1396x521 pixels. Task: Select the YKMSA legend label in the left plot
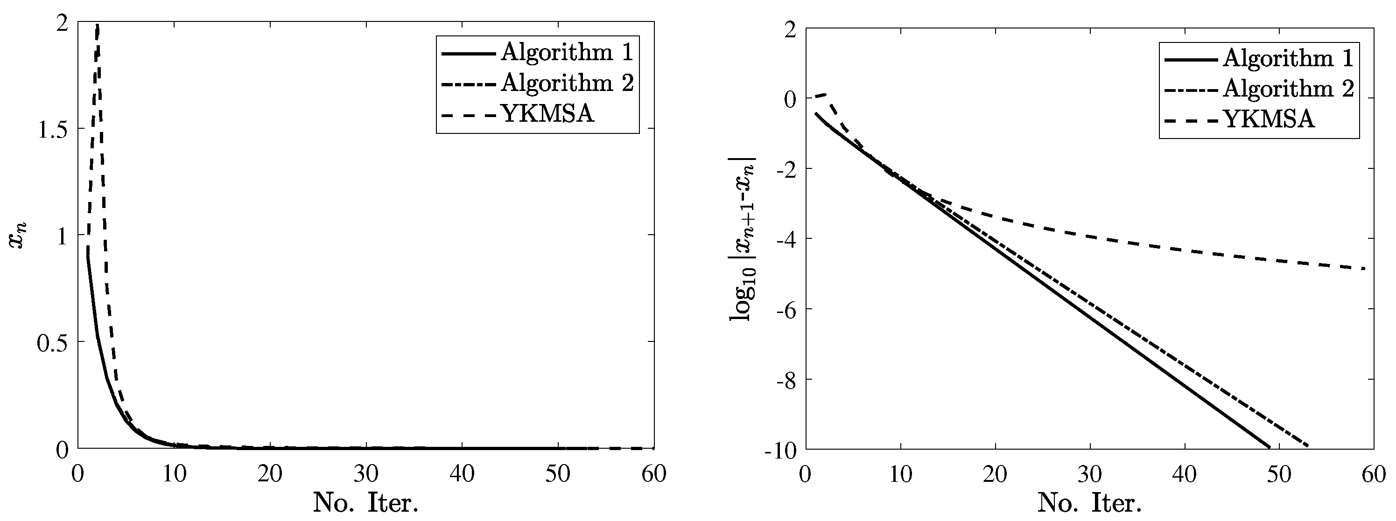click(547, 114)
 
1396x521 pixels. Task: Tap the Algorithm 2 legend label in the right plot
click(1288, 88)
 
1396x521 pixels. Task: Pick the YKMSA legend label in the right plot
click(1269, 118)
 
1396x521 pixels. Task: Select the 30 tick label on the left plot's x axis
click(366, 474)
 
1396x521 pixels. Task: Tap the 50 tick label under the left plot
click(558, 474)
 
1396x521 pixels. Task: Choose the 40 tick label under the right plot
click(1184, 474)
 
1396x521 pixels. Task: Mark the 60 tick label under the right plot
click(1373, 474)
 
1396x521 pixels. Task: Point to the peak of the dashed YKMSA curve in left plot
click(97, 25)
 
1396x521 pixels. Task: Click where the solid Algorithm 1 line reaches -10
click(1269, 447)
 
